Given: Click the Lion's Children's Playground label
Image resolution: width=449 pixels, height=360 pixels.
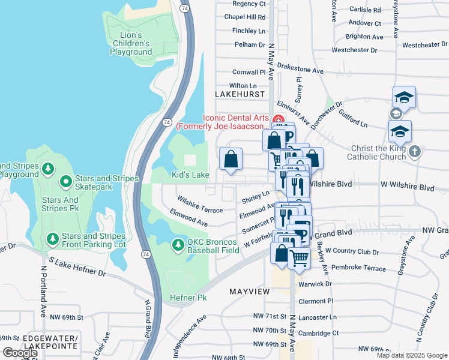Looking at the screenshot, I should pos(131,43).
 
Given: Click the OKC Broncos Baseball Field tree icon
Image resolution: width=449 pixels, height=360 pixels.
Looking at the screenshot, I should pos(178,245).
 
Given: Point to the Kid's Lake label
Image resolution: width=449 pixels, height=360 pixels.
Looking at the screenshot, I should pos(190,175).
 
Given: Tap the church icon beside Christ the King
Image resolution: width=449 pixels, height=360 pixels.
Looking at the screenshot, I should pos(414,153).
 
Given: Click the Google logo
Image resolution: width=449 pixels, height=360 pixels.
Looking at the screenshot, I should pos(20,353).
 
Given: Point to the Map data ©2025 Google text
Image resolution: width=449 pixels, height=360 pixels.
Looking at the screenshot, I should pos(411,355).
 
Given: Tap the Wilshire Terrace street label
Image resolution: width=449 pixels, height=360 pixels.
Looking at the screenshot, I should pos(200,204).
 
